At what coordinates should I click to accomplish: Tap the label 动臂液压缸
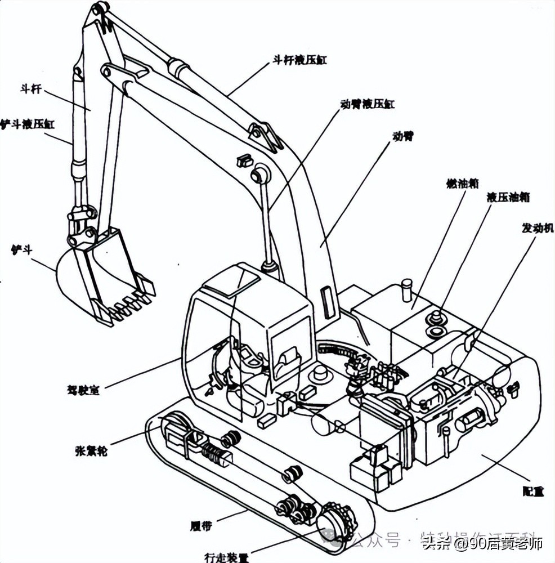point(368,104)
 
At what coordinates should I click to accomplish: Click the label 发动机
point(538,228)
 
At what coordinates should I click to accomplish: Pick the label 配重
point(532,491)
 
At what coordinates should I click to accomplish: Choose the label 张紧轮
point(91,450)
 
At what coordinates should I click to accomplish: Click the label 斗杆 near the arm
point(30,90)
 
